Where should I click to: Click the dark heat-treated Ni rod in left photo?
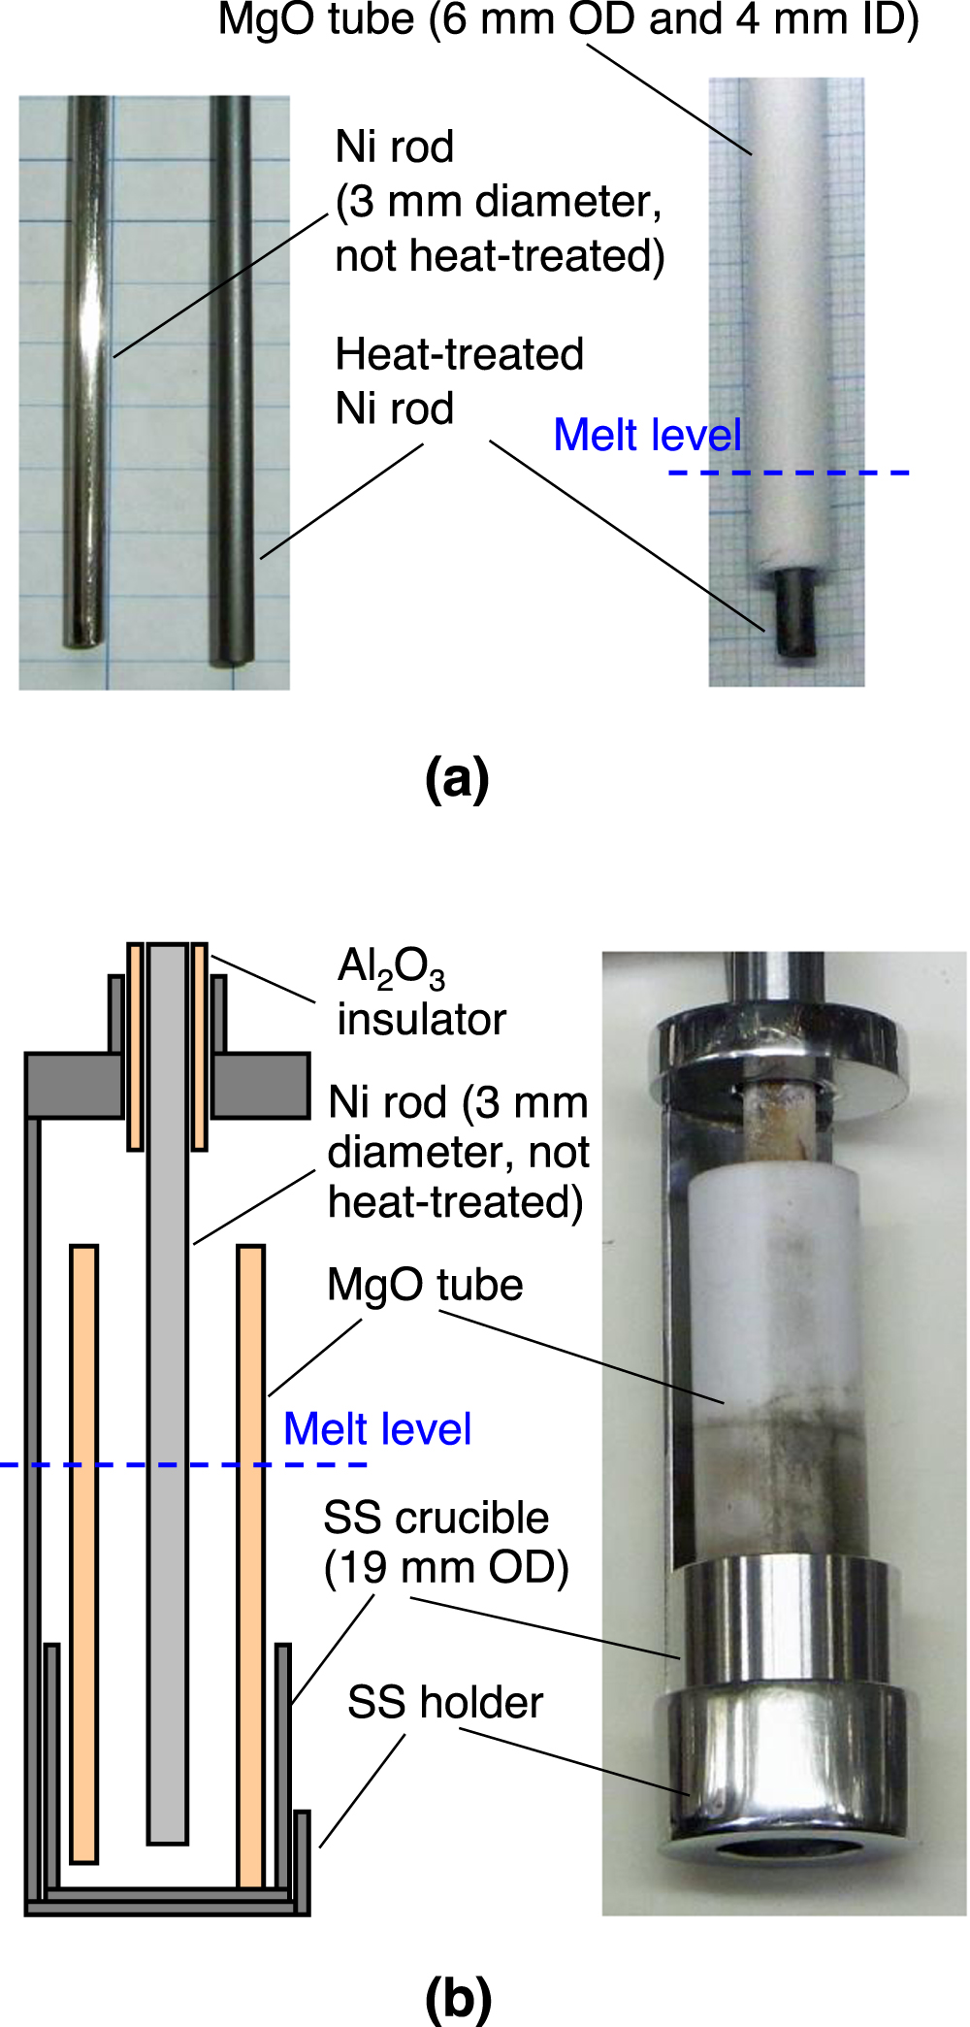tap(233, 378)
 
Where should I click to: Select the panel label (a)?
tap(457, 778)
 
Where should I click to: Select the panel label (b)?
tap(458, 1997)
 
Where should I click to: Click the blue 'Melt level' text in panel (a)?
tap(647, 435)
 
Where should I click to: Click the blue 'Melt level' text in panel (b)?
tap(377, 1429)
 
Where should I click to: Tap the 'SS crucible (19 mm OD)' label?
tap(445, 1543)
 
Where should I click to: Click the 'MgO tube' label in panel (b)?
tap(425, 1285)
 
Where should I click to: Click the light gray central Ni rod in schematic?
tap(167, 1455)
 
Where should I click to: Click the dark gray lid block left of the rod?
tap(74, 1085)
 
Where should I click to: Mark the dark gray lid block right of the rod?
tap(260, 1085)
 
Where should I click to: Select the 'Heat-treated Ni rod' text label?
tap(458, 380)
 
